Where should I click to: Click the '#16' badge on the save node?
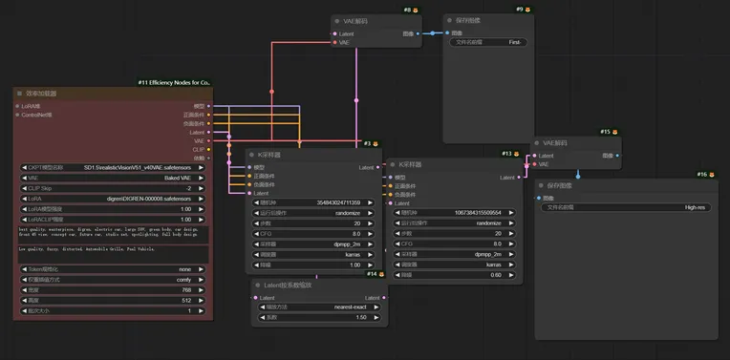pyautogui.click(x=702, y=175)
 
